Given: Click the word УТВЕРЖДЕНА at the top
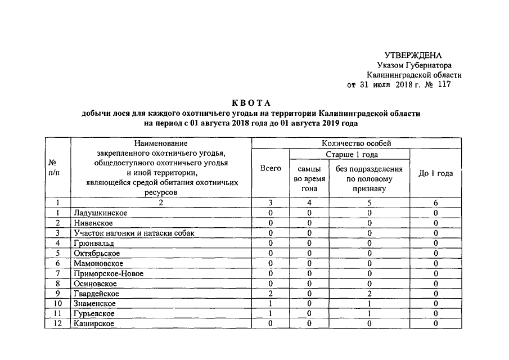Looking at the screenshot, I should click(413, 55).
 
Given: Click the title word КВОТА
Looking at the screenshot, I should click(251, 103).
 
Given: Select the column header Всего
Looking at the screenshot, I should click(271, 169).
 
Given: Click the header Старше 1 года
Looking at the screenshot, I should click(352, 154).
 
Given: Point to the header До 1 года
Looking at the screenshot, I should click(436, 173).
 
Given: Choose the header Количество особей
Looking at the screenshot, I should click(356, 143).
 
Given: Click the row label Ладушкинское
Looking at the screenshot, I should click(100, 213).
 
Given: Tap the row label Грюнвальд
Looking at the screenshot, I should click(93, 244).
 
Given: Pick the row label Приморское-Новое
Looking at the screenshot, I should click(109, 273).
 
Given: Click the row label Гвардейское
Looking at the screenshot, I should click(96, 294).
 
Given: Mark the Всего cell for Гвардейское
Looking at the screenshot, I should click(271, 294).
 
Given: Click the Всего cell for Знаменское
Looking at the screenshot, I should click(271, 304).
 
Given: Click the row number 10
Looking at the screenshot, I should click(57, 304).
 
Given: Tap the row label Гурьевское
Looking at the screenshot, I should click(94, 314).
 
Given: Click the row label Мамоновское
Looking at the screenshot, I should click(98, 263).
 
